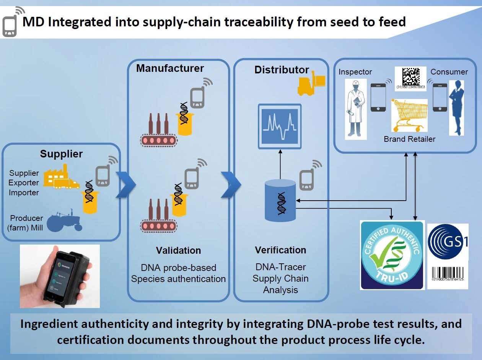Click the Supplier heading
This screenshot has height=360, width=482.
tap(61, 154)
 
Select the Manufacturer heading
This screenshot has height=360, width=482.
tap(170, 68)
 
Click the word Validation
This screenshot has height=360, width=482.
tap(178, 250)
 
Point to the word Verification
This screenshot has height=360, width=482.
tap(280, 250)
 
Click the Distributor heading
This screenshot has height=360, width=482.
tap(282, 70)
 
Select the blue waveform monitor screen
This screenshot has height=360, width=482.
tap(280, 126)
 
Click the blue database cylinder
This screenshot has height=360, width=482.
tap(280, 201)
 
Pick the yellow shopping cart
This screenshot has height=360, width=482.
tap(409, 115)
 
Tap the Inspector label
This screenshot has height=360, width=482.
tap(355, 72)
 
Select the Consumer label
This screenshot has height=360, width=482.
tap(449, 72)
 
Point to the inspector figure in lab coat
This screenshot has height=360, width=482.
tap(355, 109)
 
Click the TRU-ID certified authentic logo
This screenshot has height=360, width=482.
tap(392, 255)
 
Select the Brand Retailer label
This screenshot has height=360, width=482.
tap(409, 139)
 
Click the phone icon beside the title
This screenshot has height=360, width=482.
tap(11, 23)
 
